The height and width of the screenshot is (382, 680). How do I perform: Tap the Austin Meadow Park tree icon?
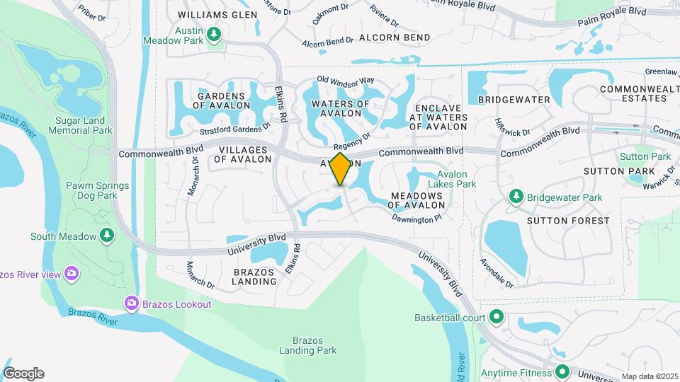point(214,33)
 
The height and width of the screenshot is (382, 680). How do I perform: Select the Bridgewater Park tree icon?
point(516,197)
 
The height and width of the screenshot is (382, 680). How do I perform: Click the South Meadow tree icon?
point(107,235)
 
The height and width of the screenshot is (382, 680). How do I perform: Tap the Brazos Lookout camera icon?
point(131,304)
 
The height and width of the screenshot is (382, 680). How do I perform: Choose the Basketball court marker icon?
point(497,317)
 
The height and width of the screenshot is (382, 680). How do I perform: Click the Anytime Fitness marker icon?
point(562,372)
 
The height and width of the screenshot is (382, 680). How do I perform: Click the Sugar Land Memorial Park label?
point(84,126)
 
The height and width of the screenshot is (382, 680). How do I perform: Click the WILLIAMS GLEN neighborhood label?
point(217,14)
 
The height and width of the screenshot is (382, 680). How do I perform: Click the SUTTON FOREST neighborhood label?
point(568,221)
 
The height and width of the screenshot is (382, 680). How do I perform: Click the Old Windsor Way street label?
point(345,80)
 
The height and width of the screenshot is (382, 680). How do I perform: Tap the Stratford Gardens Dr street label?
point(225,128)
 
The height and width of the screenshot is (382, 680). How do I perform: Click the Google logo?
point(23,374)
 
